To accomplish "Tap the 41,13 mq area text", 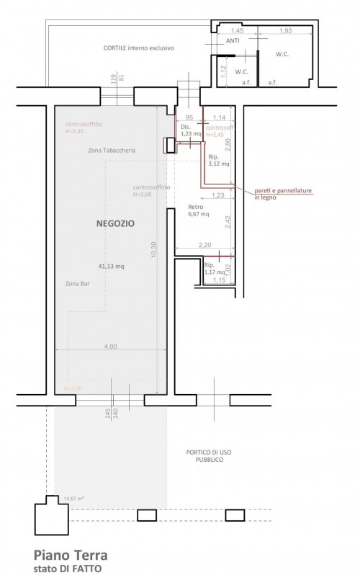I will tap(111, 266).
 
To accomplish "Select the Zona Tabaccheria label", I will tap(112, 151).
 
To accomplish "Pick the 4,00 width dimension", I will tap(110, 347).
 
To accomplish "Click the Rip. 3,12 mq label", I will tap(219, 160).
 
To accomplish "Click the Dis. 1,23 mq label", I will tap(190, 130).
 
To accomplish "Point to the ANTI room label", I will tap(233, 41).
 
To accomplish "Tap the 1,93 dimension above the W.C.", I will tap(285, 30).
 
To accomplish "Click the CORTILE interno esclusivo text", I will tap(138, 48).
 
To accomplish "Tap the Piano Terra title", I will tap(70, 555).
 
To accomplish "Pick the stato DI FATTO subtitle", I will tap(68, 568).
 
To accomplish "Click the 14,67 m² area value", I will tap(74, 498).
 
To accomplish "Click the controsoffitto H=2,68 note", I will tap(151, 190).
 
